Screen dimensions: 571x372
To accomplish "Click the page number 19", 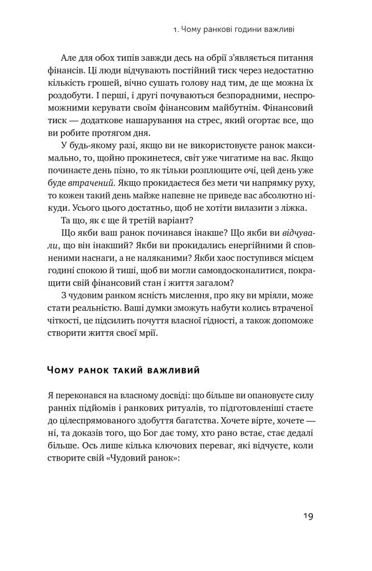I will tap(307, 516).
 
